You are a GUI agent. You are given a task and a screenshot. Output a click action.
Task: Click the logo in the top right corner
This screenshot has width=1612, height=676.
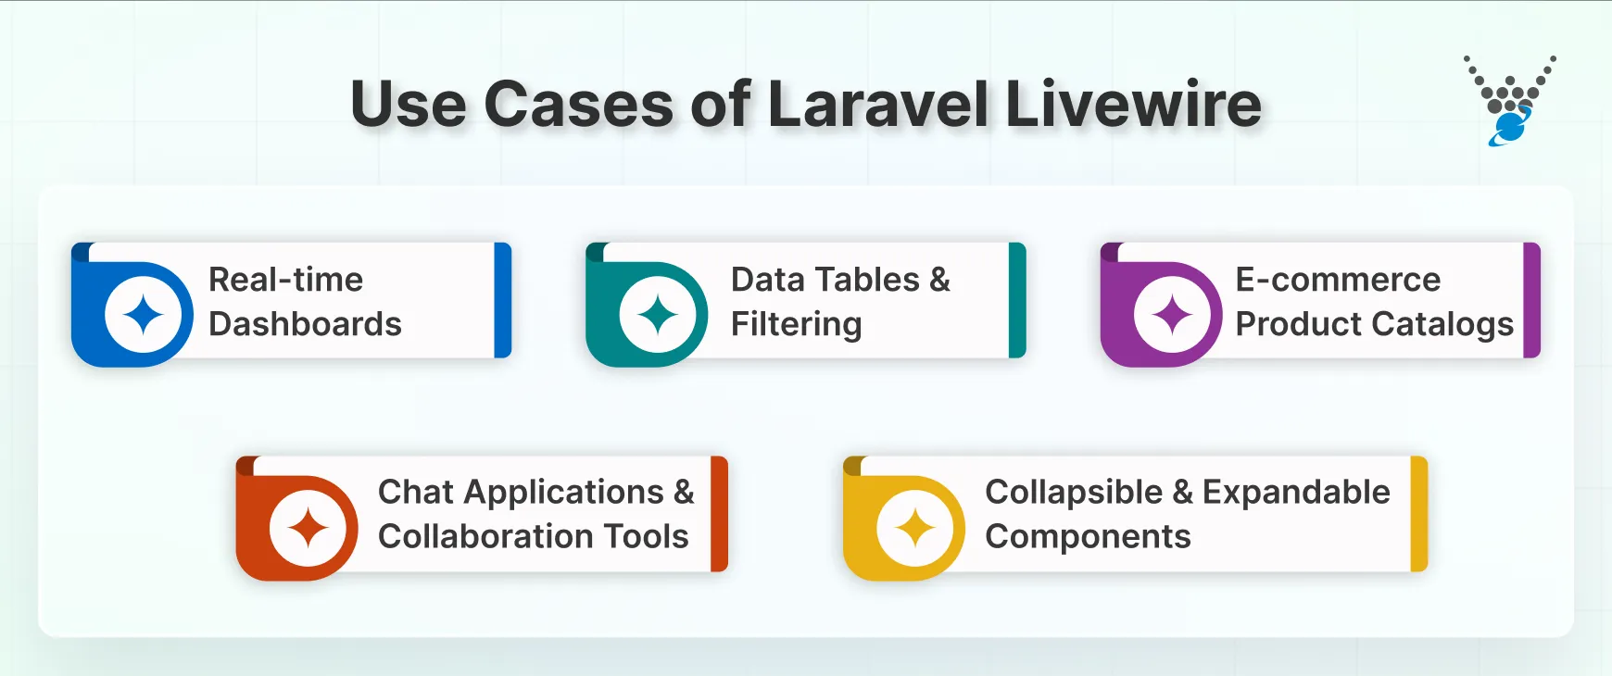1510,101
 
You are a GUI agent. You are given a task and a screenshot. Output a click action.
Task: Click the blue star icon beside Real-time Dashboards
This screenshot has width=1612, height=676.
144,315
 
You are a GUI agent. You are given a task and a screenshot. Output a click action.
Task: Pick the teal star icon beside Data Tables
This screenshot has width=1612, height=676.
658,315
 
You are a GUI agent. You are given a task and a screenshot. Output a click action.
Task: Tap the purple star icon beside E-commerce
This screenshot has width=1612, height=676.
1172,315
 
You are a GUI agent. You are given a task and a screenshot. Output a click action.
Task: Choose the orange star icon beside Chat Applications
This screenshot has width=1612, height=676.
308,528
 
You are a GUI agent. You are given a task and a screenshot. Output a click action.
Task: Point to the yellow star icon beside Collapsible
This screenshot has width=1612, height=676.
915,528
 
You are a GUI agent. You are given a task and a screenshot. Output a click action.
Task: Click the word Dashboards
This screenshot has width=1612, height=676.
305,324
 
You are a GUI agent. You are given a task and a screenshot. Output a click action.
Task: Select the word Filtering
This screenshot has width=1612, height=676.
796,324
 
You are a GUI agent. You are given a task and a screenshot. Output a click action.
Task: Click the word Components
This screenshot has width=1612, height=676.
1088,536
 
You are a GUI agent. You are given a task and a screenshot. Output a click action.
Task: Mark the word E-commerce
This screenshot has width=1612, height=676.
1338,280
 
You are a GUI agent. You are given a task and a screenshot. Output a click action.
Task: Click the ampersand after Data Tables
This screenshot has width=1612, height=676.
939,280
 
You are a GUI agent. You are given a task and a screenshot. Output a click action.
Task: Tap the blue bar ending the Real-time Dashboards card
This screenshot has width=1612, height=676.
503,300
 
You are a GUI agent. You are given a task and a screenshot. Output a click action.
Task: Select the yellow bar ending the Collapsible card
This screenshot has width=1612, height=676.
1418,513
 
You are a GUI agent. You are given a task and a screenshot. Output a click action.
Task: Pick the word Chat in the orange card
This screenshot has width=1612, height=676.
415,492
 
